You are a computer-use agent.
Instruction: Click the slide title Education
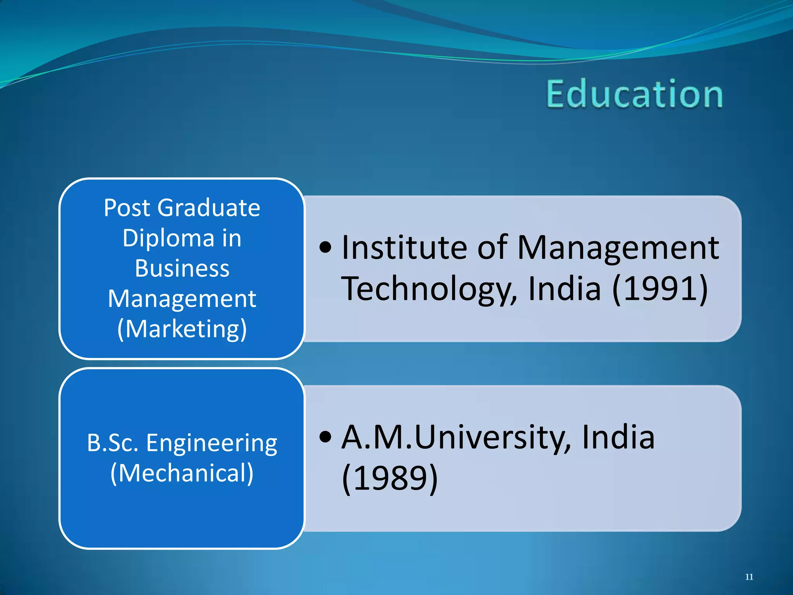pos(634,94)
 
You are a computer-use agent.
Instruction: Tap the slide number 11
pos(749,577)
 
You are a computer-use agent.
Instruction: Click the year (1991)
pos(660,289)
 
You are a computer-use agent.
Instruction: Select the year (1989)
pos(390,478)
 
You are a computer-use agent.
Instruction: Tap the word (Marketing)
pos(182,329)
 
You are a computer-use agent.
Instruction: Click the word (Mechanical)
pos(182,473)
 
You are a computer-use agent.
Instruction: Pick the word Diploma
pos(168,238)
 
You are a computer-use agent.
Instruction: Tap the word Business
pos(182,268)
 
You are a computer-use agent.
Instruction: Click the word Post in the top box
pos(127,208)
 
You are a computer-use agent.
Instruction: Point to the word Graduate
pos(209,208)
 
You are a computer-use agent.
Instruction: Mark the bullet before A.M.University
pos(326,437)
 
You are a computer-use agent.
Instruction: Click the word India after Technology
pos(564,289)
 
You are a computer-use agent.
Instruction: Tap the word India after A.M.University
pos(618,437)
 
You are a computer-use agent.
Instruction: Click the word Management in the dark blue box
pos(182,299)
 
